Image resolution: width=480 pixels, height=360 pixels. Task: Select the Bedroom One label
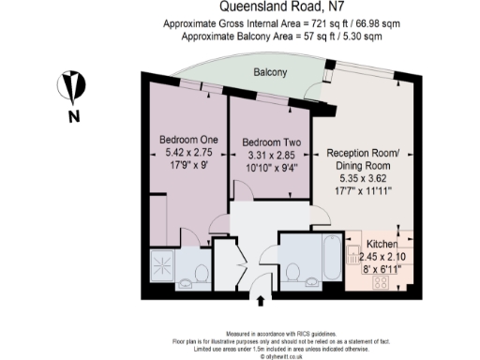(x=183, y=140)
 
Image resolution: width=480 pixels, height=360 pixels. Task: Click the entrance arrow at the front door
(x=260, y=300)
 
